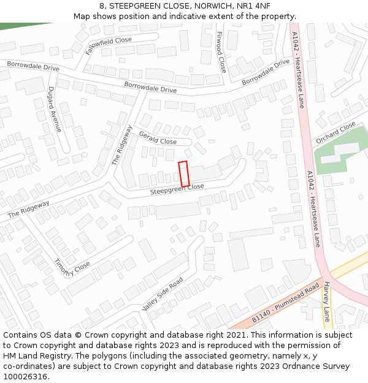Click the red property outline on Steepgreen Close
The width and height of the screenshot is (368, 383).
pyautogui.click(x=183, y=174)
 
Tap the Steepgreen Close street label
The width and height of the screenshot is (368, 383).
pyautogui.click(x=177, y=190)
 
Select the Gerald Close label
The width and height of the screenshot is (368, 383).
pyautogui.click(x=158, y=138)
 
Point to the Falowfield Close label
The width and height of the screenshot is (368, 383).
pyautogui.click(x=109, y=46)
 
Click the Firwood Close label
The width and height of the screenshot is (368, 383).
pyautogui.click(x=221, y=52)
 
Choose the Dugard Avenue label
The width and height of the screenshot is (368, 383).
pyautogui.click(x=55, y=109)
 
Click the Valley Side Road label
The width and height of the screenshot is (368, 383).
pyautogui.click(x=163, y=294)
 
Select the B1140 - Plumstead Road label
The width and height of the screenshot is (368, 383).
pyautogui.click(x=286, y=303)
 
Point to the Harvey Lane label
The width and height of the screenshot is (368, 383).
pyautogui.click(x=326, y=301)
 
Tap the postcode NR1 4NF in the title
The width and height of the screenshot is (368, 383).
pyautogui.click(x=253, y=6)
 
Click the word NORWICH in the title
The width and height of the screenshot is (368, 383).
pyautogui.click(x=212, y=6)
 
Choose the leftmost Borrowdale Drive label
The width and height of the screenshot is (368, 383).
pyautogui.click(x=33, y=66)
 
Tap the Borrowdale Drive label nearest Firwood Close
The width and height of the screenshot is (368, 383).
pyautogui.click(x=265, y=72)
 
